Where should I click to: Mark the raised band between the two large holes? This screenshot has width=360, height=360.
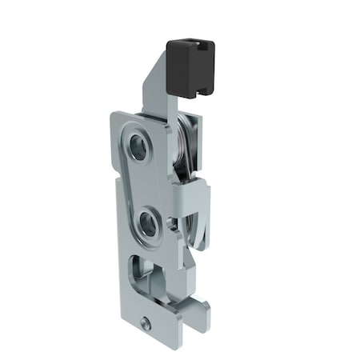click(144, 184)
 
